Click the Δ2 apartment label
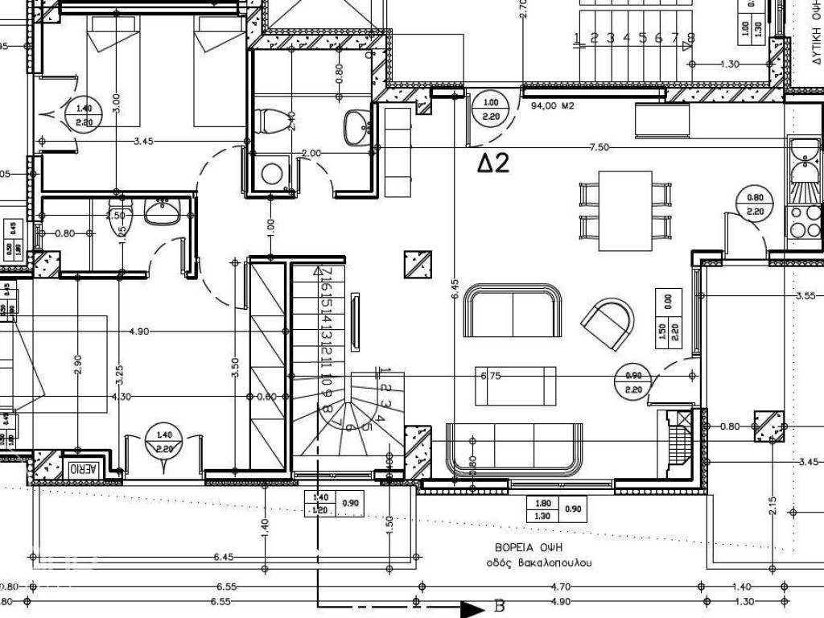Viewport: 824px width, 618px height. [493, 163]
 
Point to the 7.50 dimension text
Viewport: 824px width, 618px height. [599, 147]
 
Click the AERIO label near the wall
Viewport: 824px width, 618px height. [83, 468]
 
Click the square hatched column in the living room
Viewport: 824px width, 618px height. [418, 264]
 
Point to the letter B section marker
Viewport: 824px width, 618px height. [498, 606]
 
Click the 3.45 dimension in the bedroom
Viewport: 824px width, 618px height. [143, 142]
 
